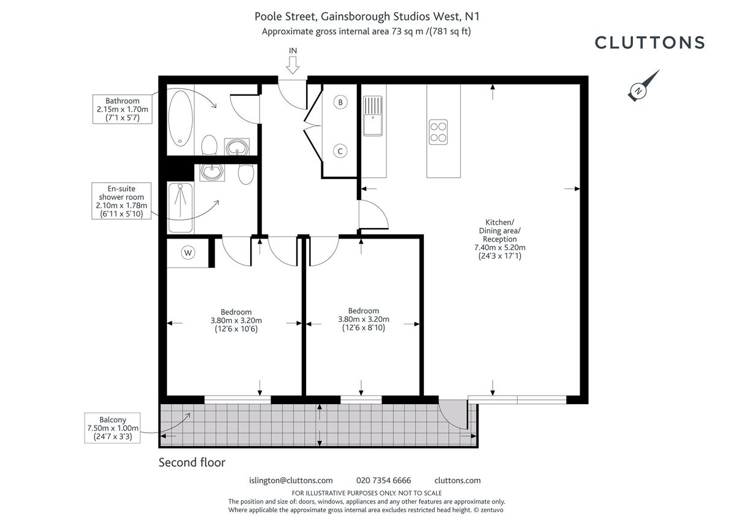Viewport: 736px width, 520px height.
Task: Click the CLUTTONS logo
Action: (650, 42)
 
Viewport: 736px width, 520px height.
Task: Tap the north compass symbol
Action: (641, 86)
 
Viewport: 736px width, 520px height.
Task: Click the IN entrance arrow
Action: (292, 61)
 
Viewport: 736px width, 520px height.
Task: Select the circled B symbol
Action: (340, 102)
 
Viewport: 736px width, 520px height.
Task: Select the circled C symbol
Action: (340, 150)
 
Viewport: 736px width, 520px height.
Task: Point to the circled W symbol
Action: (188, 253)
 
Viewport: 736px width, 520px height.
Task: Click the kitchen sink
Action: (372, 117)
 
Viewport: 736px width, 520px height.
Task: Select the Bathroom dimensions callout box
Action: (122, 109)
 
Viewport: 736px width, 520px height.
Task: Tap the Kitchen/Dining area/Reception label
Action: (499, 239)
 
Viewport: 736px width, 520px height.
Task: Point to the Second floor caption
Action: (191, 462)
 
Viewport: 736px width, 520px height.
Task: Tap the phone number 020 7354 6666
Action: (383, 480)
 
